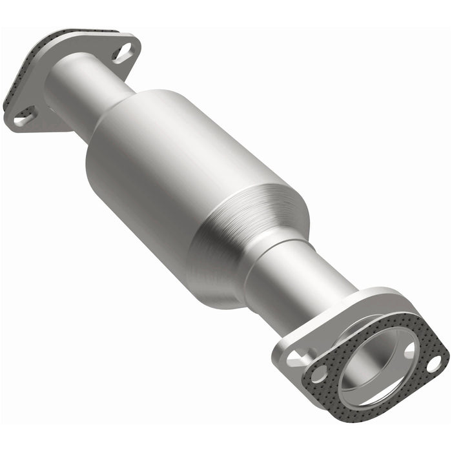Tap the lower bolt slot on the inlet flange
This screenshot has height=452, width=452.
click(x=24, y=116)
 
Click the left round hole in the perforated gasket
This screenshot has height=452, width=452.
click(x=318, y=373)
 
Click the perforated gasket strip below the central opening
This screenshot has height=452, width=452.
click(x=381, y=413)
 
